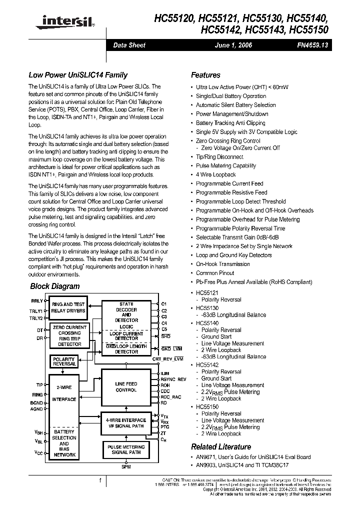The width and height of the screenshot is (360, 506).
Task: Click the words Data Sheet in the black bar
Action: [129, 45]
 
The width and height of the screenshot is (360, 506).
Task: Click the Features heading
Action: [205, 75]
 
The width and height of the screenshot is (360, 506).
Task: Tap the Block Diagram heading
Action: [55, 286]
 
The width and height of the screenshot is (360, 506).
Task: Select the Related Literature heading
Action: [221, 447]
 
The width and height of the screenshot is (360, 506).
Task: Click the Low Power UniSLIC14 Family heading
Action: [78, 75]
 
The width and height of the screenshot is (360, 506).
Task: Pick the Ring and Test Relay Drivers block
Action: [68, 307]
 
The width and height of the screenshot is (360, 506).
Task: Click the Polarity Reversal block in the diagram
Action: [64, 361]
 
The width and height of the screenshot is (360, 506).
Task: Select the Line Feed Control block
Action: [126, 386]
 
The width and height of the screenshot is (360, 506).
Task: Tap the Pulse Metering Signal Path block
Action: [126, 449]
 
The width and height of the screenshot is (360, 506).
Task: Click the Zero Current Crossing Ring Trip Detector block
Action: [69, 335]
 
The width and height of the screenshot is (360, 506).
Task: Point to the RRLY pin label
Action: [36, 301]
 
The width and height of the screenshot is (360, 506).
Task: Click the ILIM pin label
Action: [165, 373]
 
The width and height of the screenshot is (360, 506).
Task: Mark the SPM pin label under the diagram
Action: [126, 466]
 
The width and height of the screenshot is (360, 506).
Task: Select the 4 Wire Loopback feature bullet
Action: [215, 174]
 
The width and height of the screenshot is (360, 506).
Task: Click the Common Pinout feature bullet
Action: [214, 273]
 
